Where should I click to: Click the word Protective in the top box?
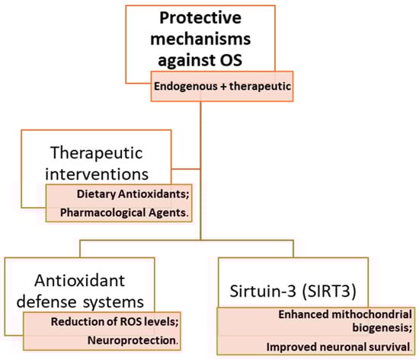click(200, 18)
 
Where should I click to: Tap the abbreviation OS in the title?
click(231, 60)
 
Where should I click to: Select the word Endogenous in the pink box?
click(186, 87)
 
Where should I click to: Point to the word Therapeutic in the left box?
click(97, 153)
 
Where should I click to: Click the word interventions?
click(97, 174)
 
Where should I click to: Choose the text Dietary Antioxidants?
click(133, 194)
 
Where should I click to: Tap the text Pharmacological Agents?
click(124, 213)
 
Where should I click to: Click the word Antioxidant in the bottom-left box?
click(80, 280)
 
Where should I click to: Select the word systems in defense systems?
click(114, 302)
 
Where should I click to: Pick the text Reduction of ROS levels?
click(114, 321)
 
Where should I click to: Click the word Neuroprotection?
click(133, 340)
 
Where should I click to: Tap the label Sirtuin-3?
click(263, 291)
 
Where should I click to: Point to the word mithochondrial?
click(372, 314)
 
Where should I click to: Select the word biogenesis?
click(382, 327)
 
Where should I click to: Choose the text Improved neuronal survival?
click(338, 347)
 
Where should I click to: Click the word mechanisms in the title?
click(200, 39)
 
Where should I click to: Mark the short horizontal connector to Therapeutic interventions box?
click(186, 169)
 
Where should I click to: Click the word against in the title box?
click(187, 60)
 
